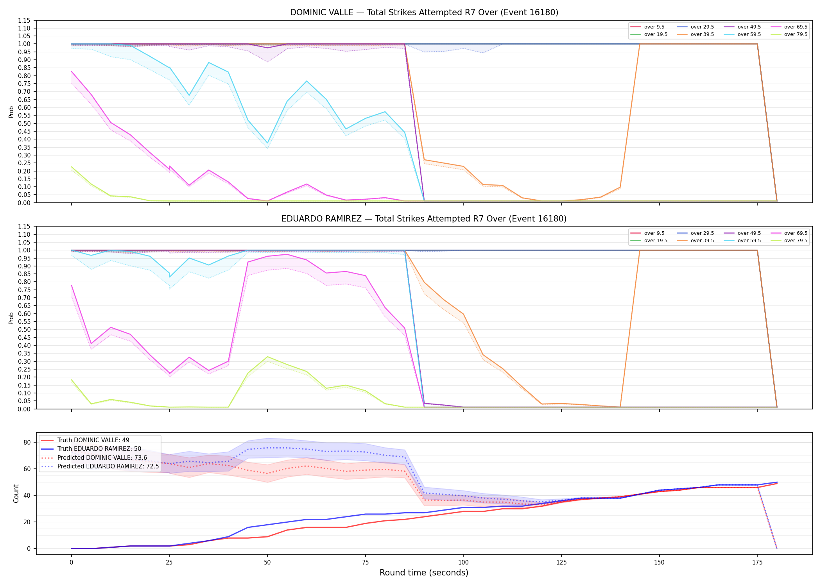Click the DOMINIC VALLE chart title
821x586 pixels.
pos(424,13)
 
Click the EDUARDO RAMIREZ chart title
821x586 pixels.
pos(424,219)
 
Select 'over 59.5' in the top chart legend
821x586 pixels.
pos(749,34)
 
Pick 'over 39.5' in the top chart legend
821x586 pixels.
pos(702,34)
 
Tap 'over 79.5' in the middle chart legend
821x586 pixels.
pos(796,241)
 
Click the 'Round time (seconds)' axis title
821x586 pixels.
pos(424,573)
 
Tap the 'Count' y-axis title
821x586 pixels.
pos(16,493)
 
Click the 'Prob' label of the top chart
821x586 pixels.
pos(11,112)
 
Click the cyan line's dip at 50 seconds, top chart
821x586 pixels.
pos(267,143)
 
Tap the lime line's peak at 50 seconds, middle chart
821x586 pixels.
pos(267,357)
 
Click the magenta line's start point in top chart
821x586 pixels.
pos(72,71)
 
